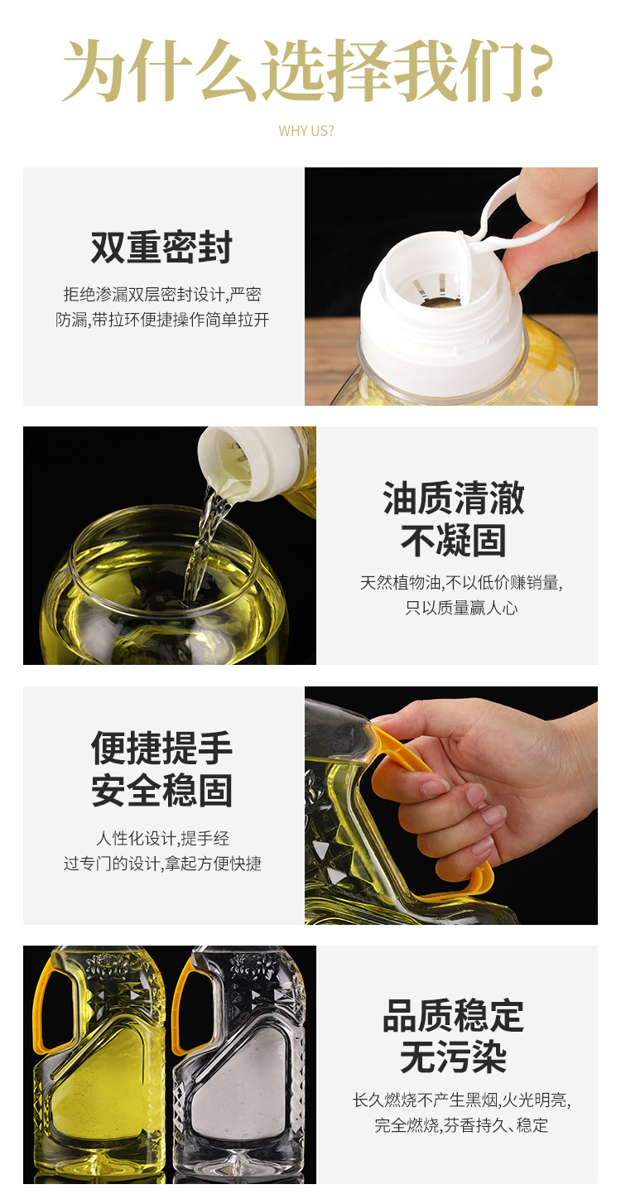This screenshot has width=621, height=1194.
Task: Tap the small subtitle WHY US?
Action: pyautogui.click(x=306, y=131)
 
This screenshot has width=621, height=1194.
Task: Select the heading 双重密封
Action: pyautogui.click(x=162, y=248)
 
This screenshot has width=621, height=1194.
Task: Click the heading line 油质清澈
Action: pyautogui.click(x=454, y=499)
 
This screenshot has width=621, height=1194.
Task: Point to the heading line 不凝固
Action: pyautogui.click(x=454, y=542)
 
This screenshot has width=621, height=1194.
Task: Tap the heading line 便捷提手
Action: pyautogui.click(x=162, y=749)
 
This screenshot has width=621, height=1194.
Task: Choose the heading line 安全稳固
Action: pyautogui.click(x=162, y=791)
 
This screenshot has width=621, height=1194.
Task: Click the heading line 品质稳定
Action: pyautogui.click(x=454, y=1015)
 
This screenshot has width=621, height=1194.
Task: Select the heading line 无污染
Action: pyautogui.click(x=454, y=1058)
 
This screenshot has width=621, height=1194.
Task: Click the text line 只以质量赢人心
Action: pyautogui.click(x=461, y=608)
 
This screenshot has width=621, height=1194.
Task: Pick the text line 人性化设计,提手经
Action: pyautogui.click(x=162, y=837)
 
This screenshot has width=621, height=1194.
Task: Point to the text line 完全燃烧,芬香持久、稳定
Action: pyautogui.click(x=461, y=1125)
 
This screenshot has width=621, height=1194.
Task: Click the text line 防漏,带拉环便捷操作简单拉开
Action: pyautogui.click(x=162, y=320)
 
